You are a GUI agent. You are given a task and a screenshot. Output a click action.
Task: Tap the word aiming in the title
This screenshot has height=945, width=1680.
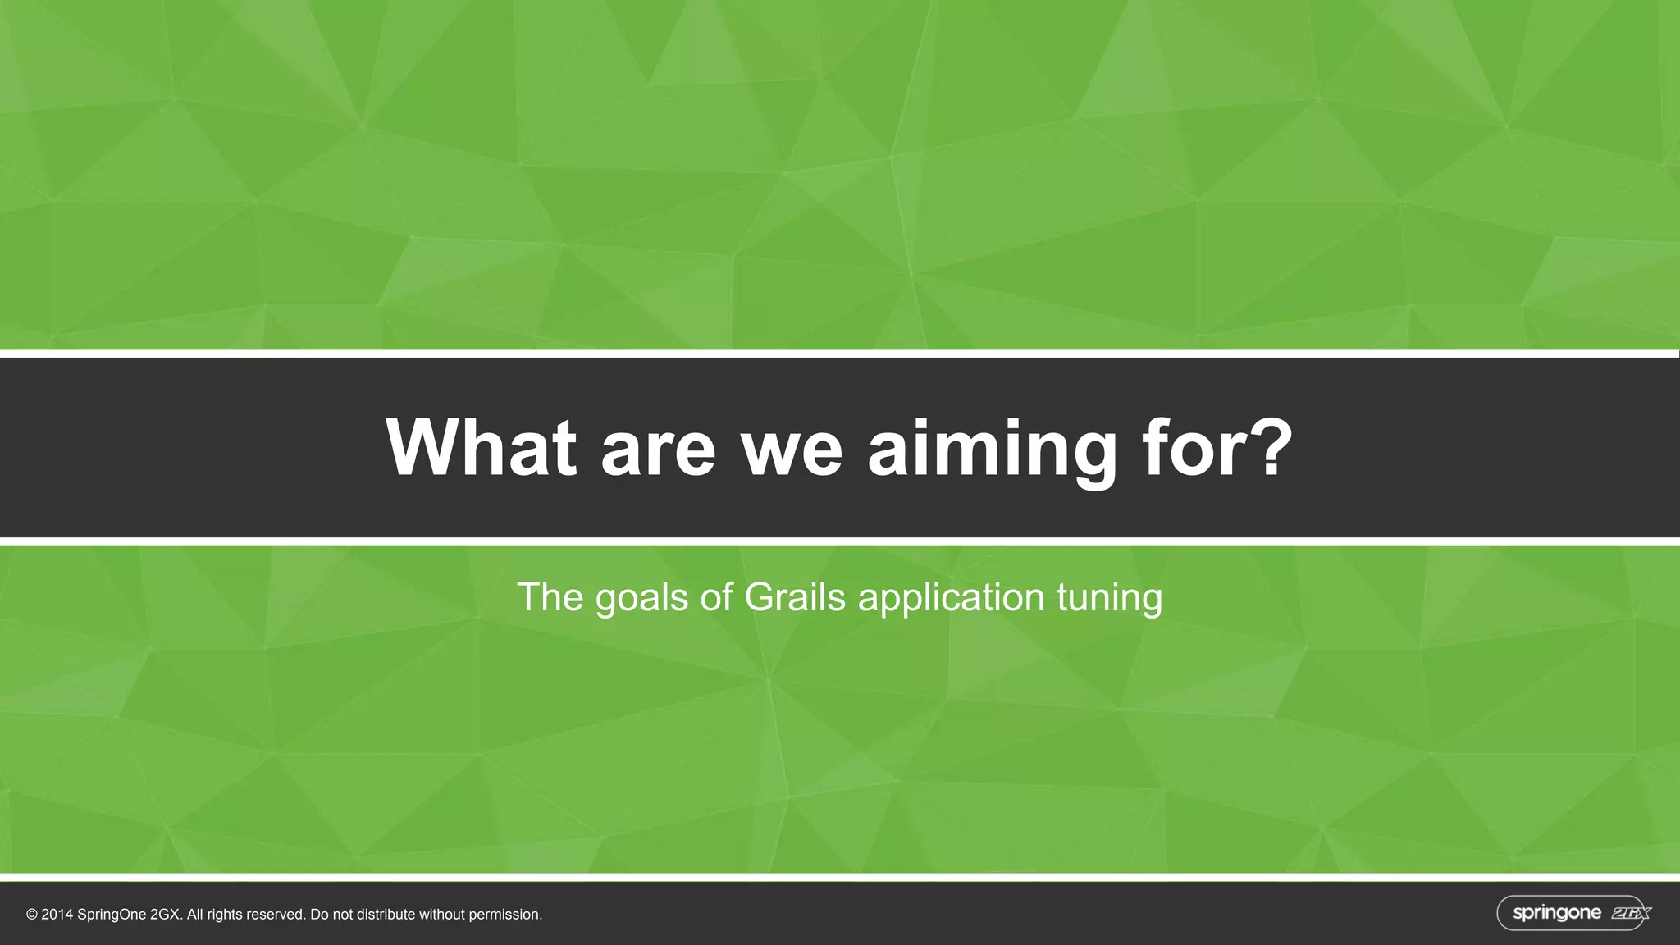pos(992,449)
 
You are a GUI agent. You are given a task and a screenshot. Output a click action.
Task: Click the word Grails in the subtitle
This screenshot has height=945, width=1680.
pos(794,596)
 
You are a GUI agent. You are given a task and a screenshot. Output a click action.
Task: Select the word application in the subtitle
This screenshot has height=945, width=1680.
pos(951,598)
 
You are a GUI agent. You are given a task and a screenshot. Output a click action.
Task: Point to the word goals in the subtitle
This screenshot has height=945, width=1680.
pos(641,598)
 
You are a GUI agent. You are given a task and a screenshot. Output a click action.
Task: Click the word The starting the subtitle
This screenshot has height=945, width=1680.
pos(550,596)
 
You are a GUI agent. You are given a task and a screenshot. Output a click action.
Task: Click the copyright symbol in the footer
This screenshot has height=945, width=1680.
pos(32,915)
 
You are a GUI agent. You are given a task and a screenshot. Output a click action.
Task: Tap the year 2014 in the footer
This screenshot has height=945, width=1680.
pos(57,915)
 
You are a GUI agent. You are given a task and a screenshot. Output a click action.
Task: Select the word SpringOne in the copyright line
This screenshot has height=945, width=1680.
pos(112,915)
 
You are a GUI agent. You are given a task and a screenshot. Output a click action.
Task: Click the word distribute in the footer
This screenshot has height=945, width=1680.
pos(386,915)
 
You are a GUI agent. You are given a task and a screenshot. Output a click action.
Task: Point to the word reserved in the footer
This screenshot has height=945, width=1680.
pos(275,915)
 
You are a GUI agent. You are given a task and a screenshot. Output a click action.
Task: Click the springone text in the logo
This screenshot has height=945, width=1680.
pos(1556,913)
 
